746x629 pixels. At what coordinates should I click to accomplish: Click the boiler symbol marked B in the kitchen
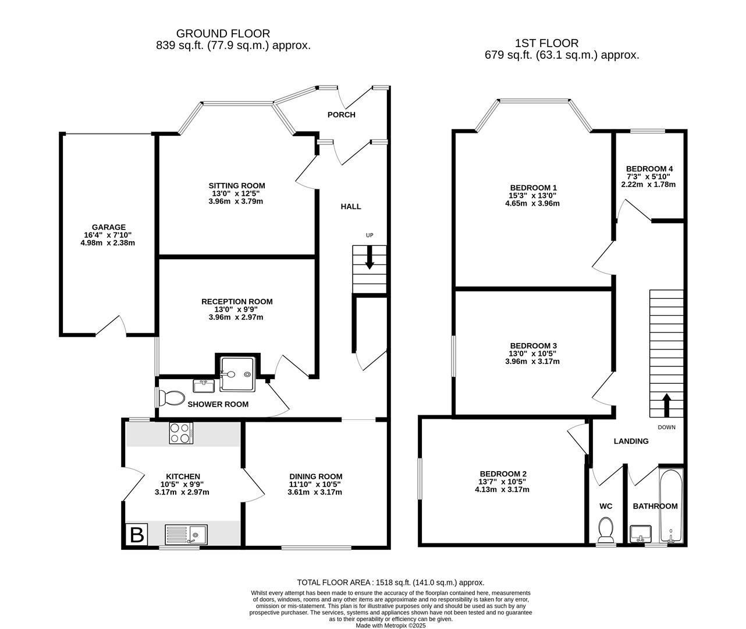(x=137, y=534)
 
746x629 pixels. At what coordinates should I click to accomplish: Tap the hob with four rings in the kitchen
(x=181, y=433)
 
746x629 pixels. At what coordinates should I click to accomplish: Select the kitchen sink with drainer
(x=186, y=534)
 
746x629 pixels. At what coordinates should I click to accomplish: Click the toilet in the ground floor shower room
(x=170, y=398)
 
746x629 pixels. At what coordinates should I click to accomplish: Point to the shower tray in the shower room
(x=237, y=367)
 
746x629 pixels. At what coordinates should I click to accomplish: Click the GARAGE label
(x=108, y=227)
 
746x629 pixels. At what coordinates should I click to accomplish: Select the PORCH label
(x=341, y=115)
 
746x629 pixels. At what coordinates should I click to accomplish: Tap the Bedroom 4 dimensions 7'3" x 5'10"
(x=648, y=176)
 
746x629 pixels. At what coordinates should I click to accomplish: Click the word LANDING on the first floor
(x=631, y=441)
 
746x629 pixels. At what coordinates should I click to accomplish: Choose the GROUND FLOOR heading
(x=223, y=34)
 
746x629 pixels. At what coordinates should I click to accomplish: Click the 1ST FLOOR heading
(x=546, y=43)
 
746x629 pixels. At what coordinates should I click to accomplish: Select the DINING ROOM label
(x=315, y=476)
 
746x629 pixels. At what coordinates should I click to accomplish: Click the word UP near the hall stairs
(x=369, y=235)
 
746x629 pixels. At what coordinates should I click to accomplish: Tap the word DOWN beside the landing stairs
(x=666, y=427)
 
